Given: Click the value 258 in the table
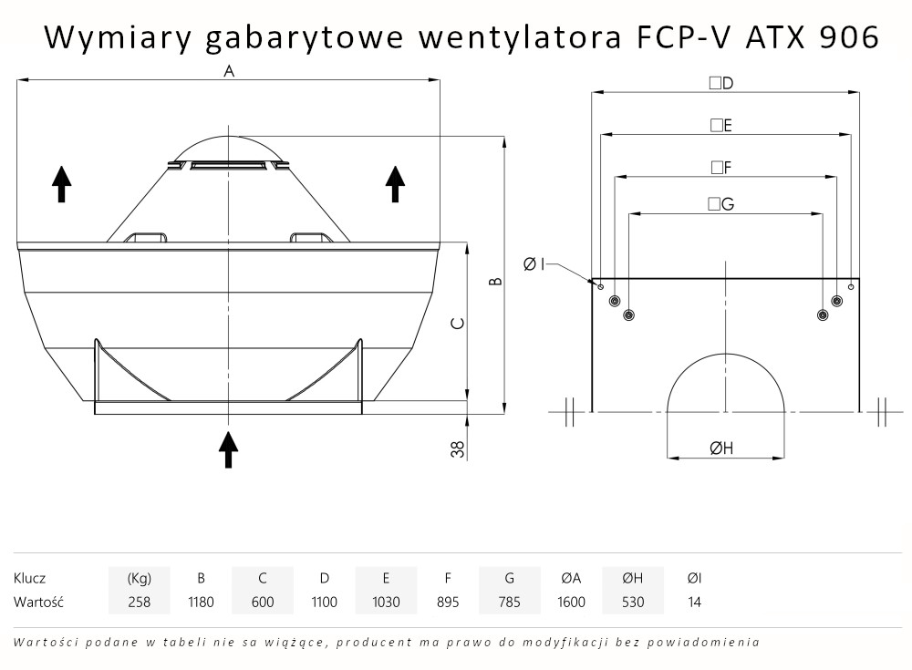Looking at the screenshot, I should tap(139, 602).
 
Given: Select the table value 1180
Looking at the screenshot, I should tap(201, 602).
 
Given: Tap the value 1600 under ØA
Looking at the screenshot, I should tap(571, 602).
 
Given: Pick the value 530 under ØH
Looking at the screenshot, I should tap(633, 602).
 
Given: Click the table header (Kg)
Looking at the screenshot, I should tap(139, 578).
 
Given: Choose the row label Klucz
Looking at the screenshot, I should tap(30, 578).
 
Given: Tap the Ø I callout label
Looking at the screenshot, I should tap(534, 264).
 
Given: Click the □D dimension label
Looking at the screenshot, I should tap(721, 83).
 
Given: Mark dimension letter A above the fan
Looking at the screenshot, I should tap(229, 72).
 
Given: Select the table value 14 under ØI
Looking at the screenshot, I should tap(695, 602).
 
